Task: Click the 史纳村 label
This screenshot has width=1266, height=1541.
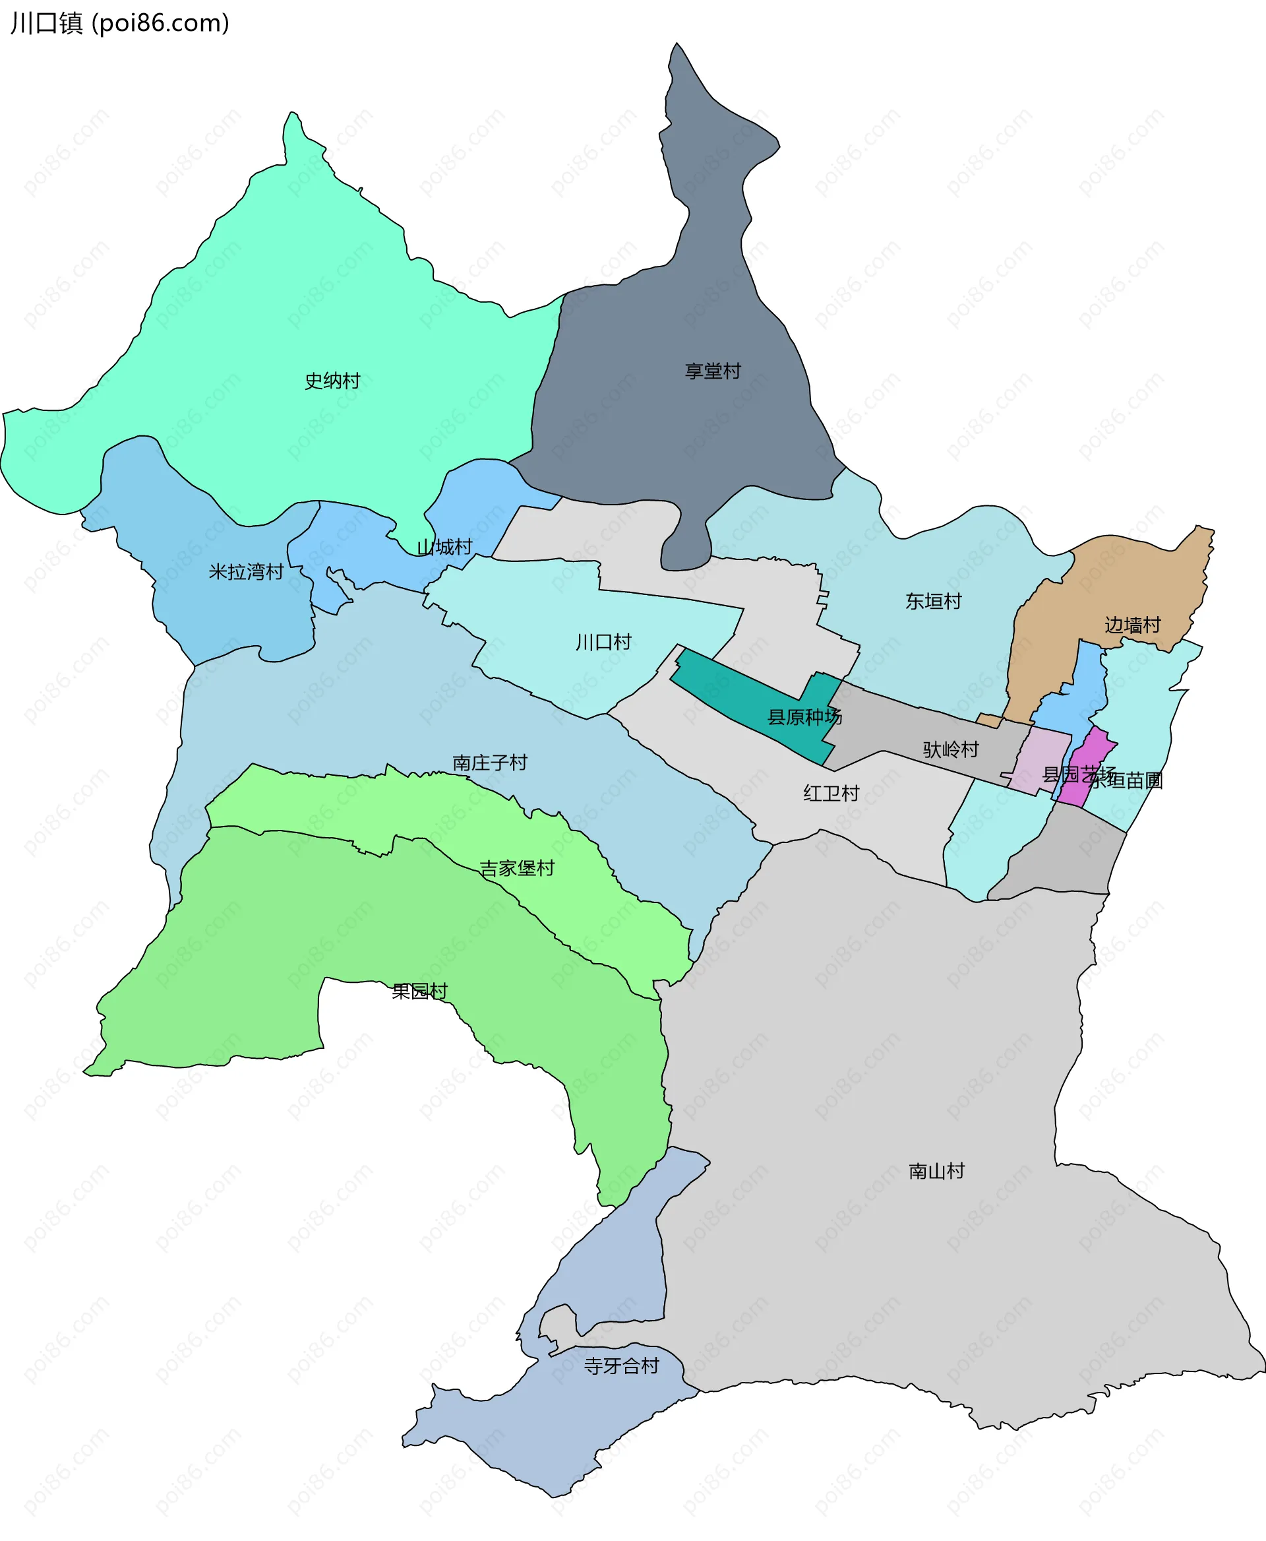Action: [332, 381]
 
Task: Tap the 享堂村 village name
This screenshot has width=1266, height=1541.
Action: [713, 371]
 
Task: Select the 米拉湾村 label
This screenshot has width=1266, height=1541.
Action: [246, 572]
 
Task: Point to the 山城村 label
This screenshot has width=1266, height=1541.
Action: [444, 548]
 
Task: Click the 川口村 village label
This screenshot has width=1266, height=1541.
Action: [603, 642]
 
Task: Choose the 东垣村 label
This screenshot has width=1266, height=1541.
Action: [934, 601]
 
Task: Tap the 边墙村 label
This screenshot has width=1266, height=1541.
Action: [1133, 625]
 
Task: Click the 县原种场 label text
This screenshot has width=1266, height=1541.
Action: [804, 717]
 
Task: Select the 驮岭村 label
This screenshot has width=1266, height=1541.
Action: [951, 749]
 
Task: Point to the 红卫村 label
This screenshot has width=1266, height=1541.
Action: [831, 793]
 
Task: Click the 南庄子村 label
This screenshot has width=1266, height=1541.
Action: [490, 763]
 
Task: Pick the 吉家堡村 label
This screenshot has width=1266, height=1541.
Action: [517, 868]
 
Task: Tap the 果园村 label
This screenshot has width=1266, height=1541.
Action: [419, 991]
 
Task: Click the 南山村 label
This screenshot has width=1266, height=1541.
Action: [937, 1171]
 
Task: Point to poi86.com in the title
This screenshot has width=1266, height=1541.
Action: [164, 23]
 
